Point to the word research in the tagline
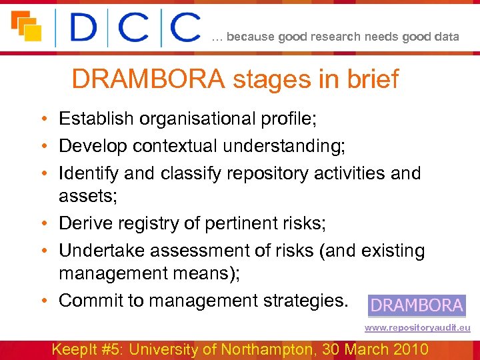(333, 37)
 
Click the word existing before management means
(393, 251)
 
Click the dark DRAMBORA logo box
(417, 305)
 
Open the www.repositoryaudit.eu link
(417, 328)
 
